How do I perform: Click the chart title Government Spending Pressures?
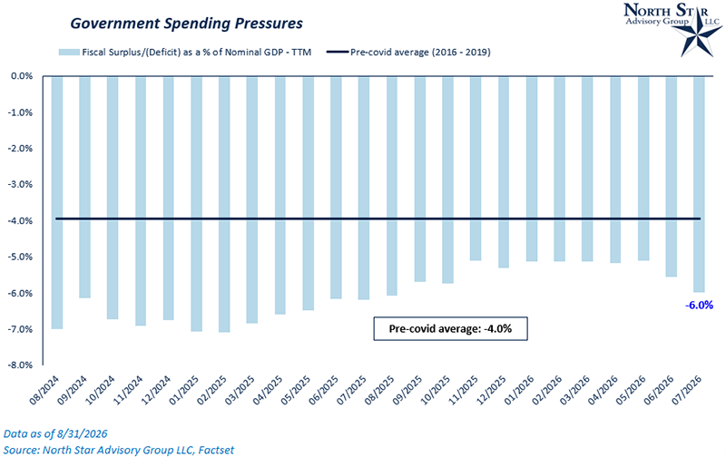(186, 24)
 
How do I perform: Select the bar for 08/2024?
(57, 202)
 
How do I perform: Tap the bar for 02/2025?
(224, 204)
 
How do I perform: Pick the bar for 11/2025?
(476, 169)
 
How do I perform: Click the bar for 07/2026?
(699, 184)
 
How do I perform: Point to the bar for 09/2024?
(84, 188)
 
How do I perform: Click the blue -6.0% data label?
(699, 306)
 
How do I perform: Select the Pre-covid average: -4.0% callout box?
(450, 328)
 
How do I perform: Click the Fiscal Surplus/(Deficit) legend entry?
(185, 53)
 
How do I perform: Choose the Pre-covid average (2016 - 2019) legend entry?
(408, 53)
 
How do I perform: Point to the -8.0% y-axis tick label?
(20, 365)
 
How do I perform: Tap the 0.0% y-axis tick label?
(22, 76)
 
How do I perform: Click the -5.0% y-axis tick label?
(20, 257)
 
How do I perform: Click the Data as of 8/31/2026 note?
(55, 433)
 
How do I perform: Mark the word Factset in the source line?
(216, 450)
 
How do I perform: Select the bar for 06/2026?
(672, 177)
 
